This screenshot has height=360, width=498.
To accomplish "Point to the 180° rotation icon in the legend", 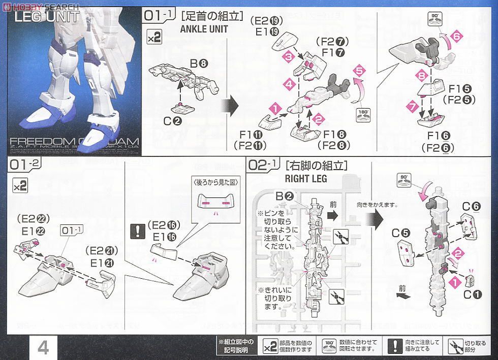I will point(330,348).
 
